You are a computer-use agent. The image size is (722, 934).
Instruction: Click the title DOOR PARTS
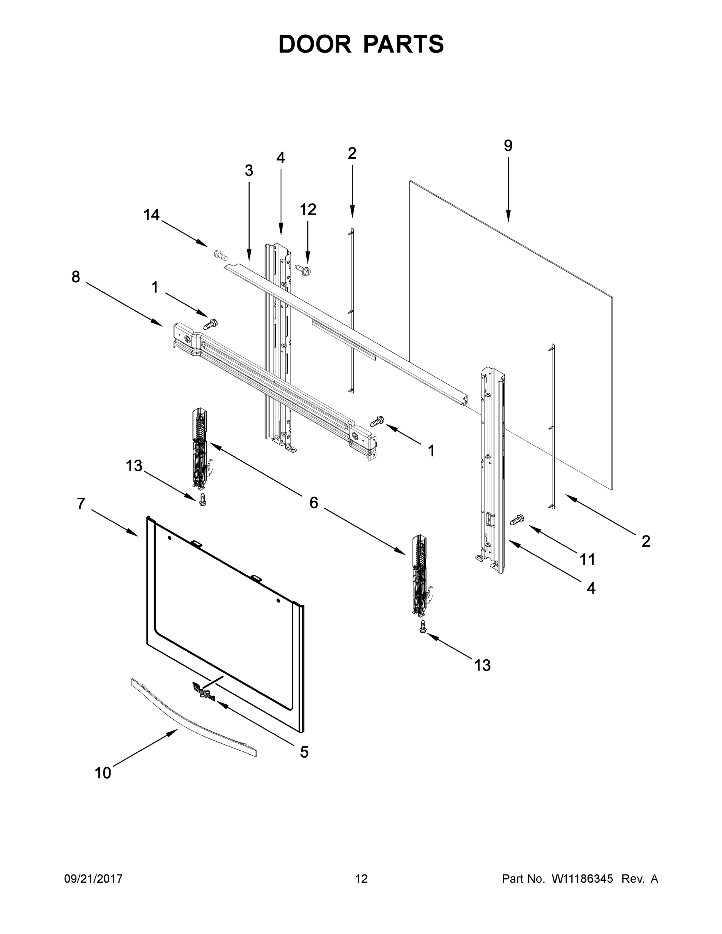(x=361, y=44)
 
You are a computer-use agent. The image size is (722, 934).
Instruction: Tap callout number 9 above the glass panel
(x=508, y=146)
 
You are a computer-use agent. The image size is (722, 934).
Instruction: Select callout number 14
(x=151, y=215)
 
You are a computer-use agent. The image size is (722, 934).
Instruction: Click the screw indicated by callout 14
(x=220, y=255)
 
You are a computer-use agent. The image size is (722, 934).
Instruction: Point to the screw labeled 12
(x=303, y=269)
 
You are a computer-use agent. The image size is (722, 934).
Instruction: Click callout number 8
(x=76, y=277)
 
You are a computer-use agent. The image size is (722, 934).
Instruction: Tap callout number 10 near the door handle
(x=103, y=773)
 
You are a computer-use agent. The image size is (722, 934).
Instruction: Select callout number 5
(x=304, y=752)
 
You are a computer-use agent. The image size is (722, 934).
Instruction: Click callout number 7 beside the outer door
(x=81, y=504)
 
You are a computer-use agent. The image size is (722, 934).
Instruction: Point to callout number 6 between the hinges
(x=314, y=503)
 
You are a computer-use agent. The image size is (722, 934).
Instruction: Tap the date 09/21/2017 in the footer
(x=93, y=879)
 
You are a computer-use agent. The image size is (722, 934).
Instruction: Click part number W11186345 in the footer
(x=582, y=879)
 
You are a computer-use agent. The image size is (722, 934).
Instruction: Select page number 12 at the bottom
(x=362, y=879)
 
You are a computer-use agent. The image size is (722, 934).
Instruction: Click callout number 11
(x=587, y=559)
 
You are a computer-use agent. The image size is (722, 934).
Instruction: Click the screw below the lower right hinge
(x=423, y=627)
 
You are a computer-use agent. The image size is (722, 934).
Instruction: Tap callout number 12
(x=308, y=209)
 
